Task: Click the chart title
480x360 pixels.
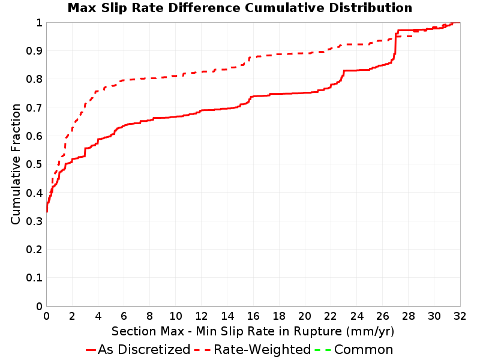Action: point(239,8)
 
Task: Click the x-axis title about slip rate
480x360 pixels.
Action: point(253,332)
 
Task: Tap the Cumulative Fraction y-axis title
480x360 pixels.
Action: point(16,164)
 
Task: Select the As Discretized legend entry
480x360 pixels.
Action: point(138,350)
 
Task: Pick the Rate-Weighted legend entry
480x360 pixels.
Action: point(253,350)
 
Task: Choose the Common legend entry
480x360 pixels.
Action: point(354,350)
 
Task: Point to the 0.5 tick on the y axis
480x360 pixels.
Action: point(34,164)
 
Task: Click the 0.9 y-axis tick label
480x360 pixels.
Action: point(34,51)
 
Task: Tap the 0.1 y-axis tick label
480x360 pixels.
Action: point(34,278)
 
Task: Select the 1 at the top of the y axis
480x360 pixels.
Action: point(39,23)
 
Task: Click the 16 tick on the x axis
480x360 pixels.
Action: point(253,316)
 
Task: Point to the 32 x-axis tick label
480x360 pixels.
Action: point(460,316)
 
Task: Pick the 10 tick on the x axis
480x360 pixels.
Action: point(175,316)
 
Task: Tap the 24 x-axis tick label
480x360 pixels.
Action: point(356,316)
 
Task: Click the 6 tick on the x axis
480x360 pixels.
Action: point(124,316)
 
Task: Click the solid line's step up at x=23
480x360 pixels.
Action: point(342,76)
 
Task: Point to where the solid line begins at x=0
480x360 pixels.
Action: point(47,211)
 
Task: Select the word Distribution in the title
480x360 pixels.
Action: point(371,8)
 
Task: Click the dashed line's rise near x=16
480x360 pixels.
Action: point(248,60)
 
